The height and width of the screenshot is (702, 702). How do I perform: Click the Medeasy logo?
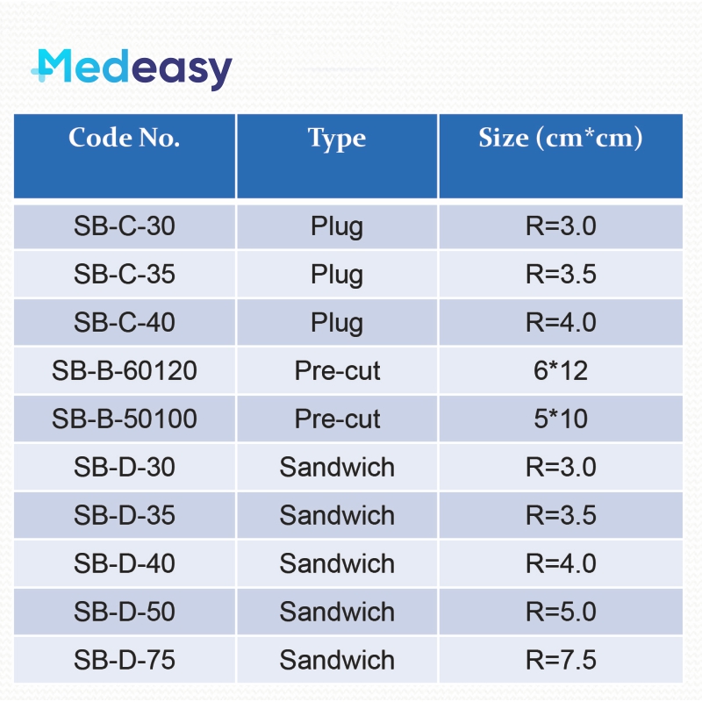(x=132, y=69)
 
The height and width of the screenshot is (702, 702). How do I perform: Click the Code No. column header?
(x=125, y=139)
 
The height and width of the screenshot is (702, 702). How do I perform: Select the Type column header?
(x=337, y=139)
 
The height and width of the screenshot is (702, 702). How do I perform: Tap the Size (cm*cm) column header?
(x=561, y=139)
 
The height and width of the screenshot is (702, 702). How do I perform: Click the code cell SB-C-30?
(x=125, y=226)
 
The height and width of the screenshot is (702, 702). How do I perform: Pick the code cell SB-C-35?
(x=125, y=275)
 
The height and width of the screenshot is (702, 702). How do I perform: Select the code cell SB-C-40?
(x=125, y=323)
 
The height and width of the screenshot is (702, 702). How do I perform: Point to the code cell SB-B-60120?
(x=125, y=371)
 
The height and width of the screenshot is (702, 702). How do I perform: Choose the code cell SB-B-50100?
(x=125, y=419)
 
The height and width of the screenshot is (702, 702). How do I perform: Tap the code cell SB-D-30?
(x=125, y=468)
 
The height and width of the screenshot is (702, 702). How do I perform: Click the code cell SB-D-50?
(x=125, y=612)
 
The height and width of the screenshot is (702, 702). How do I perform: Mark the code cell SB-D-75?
(x=125, y=661)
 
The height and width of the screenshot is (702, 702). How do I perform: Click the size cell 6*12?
(x=561, y=371)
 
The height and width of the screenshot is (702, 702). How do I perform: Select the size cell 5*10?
(x=561, y=419)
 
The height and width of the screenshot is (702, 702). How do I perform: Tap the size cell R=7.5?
(x=561, y=661)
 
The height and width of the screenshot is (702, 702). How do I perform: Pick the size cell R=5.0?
(x=561, y=612)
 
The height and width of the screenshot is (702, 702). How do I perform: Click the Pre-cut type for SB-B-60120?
(x=337, y=371)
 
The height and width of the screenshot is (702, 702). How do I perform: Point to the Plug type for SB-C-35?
(x=337, y=275)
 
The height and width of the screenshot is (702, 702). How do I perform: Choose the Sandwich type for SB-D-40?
(x=337, y=564)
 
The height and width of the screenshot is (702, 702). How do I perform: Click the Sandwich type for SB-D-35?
(x=337, y=516)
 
